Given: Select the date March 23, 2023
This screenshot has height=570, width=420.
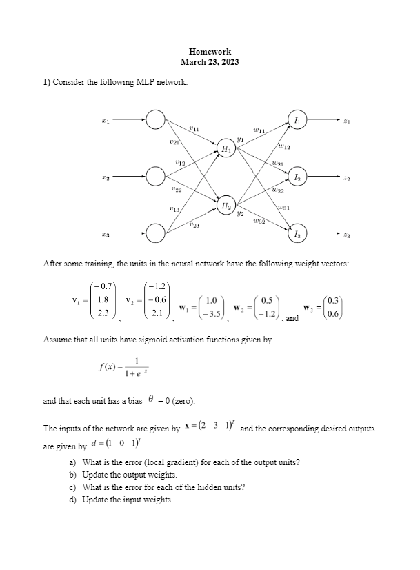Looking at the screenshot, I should [210, 62].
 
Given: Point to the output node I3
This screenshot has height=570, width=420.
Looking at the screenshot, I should [297, 233].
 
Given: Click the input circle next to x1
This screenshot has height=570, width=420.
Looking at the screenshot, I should [155, 120].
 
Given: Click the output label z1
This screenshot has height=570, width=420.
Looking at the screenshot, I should [347, 121].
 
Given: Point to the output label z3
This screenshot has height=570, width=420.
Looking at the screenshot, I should [347, 235].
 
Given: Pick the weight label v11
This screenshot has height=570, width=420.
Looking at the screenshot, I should [194, 128].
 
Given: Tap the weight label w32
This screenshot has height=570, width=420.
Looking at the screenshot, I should [259, 221].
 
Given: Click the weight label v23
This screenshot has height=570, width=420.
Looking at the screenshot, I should [194, 225].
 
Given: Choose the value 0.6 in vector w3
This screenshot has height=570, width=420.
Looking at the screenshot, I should [334, 314].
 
